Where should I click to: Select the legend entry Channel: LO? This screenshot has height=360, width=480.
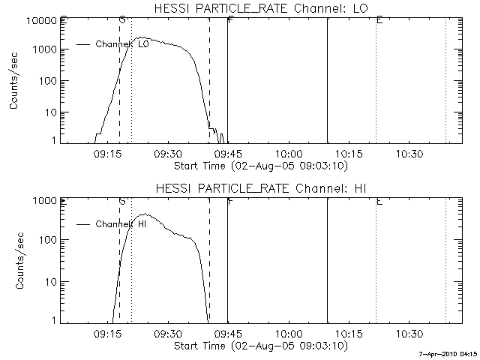click(121, 45)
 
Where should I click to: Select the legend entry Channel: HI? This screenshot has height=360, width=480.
click(121, 224)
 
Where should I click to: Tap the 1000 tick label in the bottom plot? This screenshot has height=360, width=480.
click(45, 201)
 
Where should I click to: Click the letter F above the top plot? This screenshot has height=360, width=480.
click(229, 19)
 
